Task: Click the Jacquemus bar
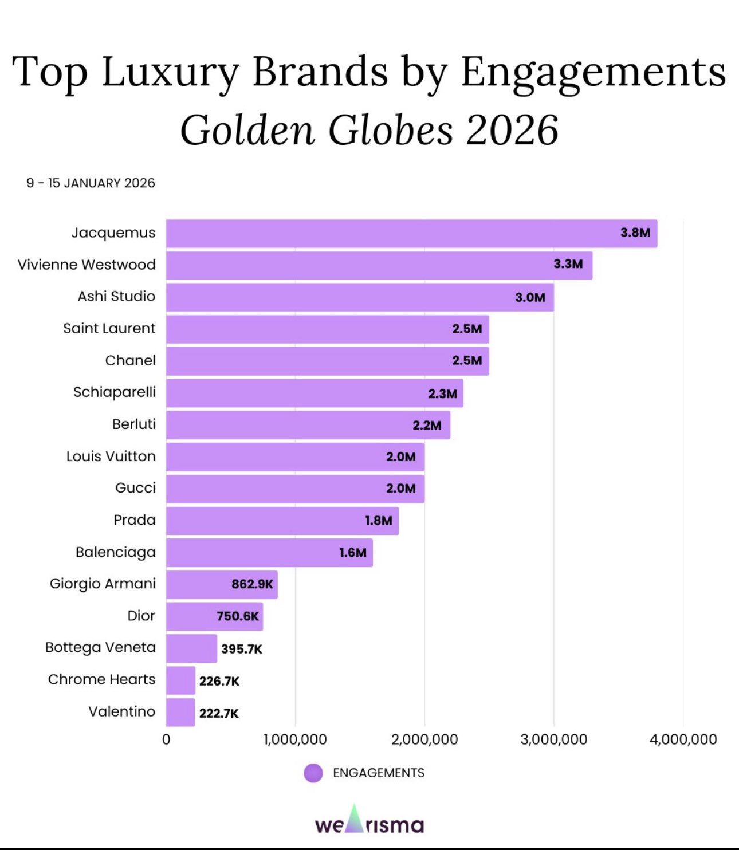point(411,234)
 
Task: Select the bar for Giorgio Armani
point(222,584)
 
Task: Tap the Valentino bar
point(180,713)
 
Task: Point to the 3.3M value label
point(568,264)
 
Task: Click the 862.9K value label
point(252,584)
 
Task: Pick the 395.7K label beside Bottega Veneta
point(241,649)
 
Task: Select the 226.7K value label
point(219,681)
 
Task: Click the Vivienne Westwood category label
point(87,265)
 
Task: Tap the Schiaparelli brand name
point(115,392)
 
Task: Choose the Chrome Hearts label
point(101,679)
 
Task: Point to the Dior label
point(141,616)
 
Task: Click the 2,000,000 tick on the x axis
point(424,739)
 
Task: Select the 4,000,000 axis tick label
point(683,739)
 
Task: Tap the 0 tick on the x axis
point(166,739)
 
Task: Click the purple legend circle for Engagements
point(313,773)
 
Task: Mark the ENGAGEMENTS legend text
point(379,773)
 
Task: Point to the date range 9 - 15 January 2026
point(91,183)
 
